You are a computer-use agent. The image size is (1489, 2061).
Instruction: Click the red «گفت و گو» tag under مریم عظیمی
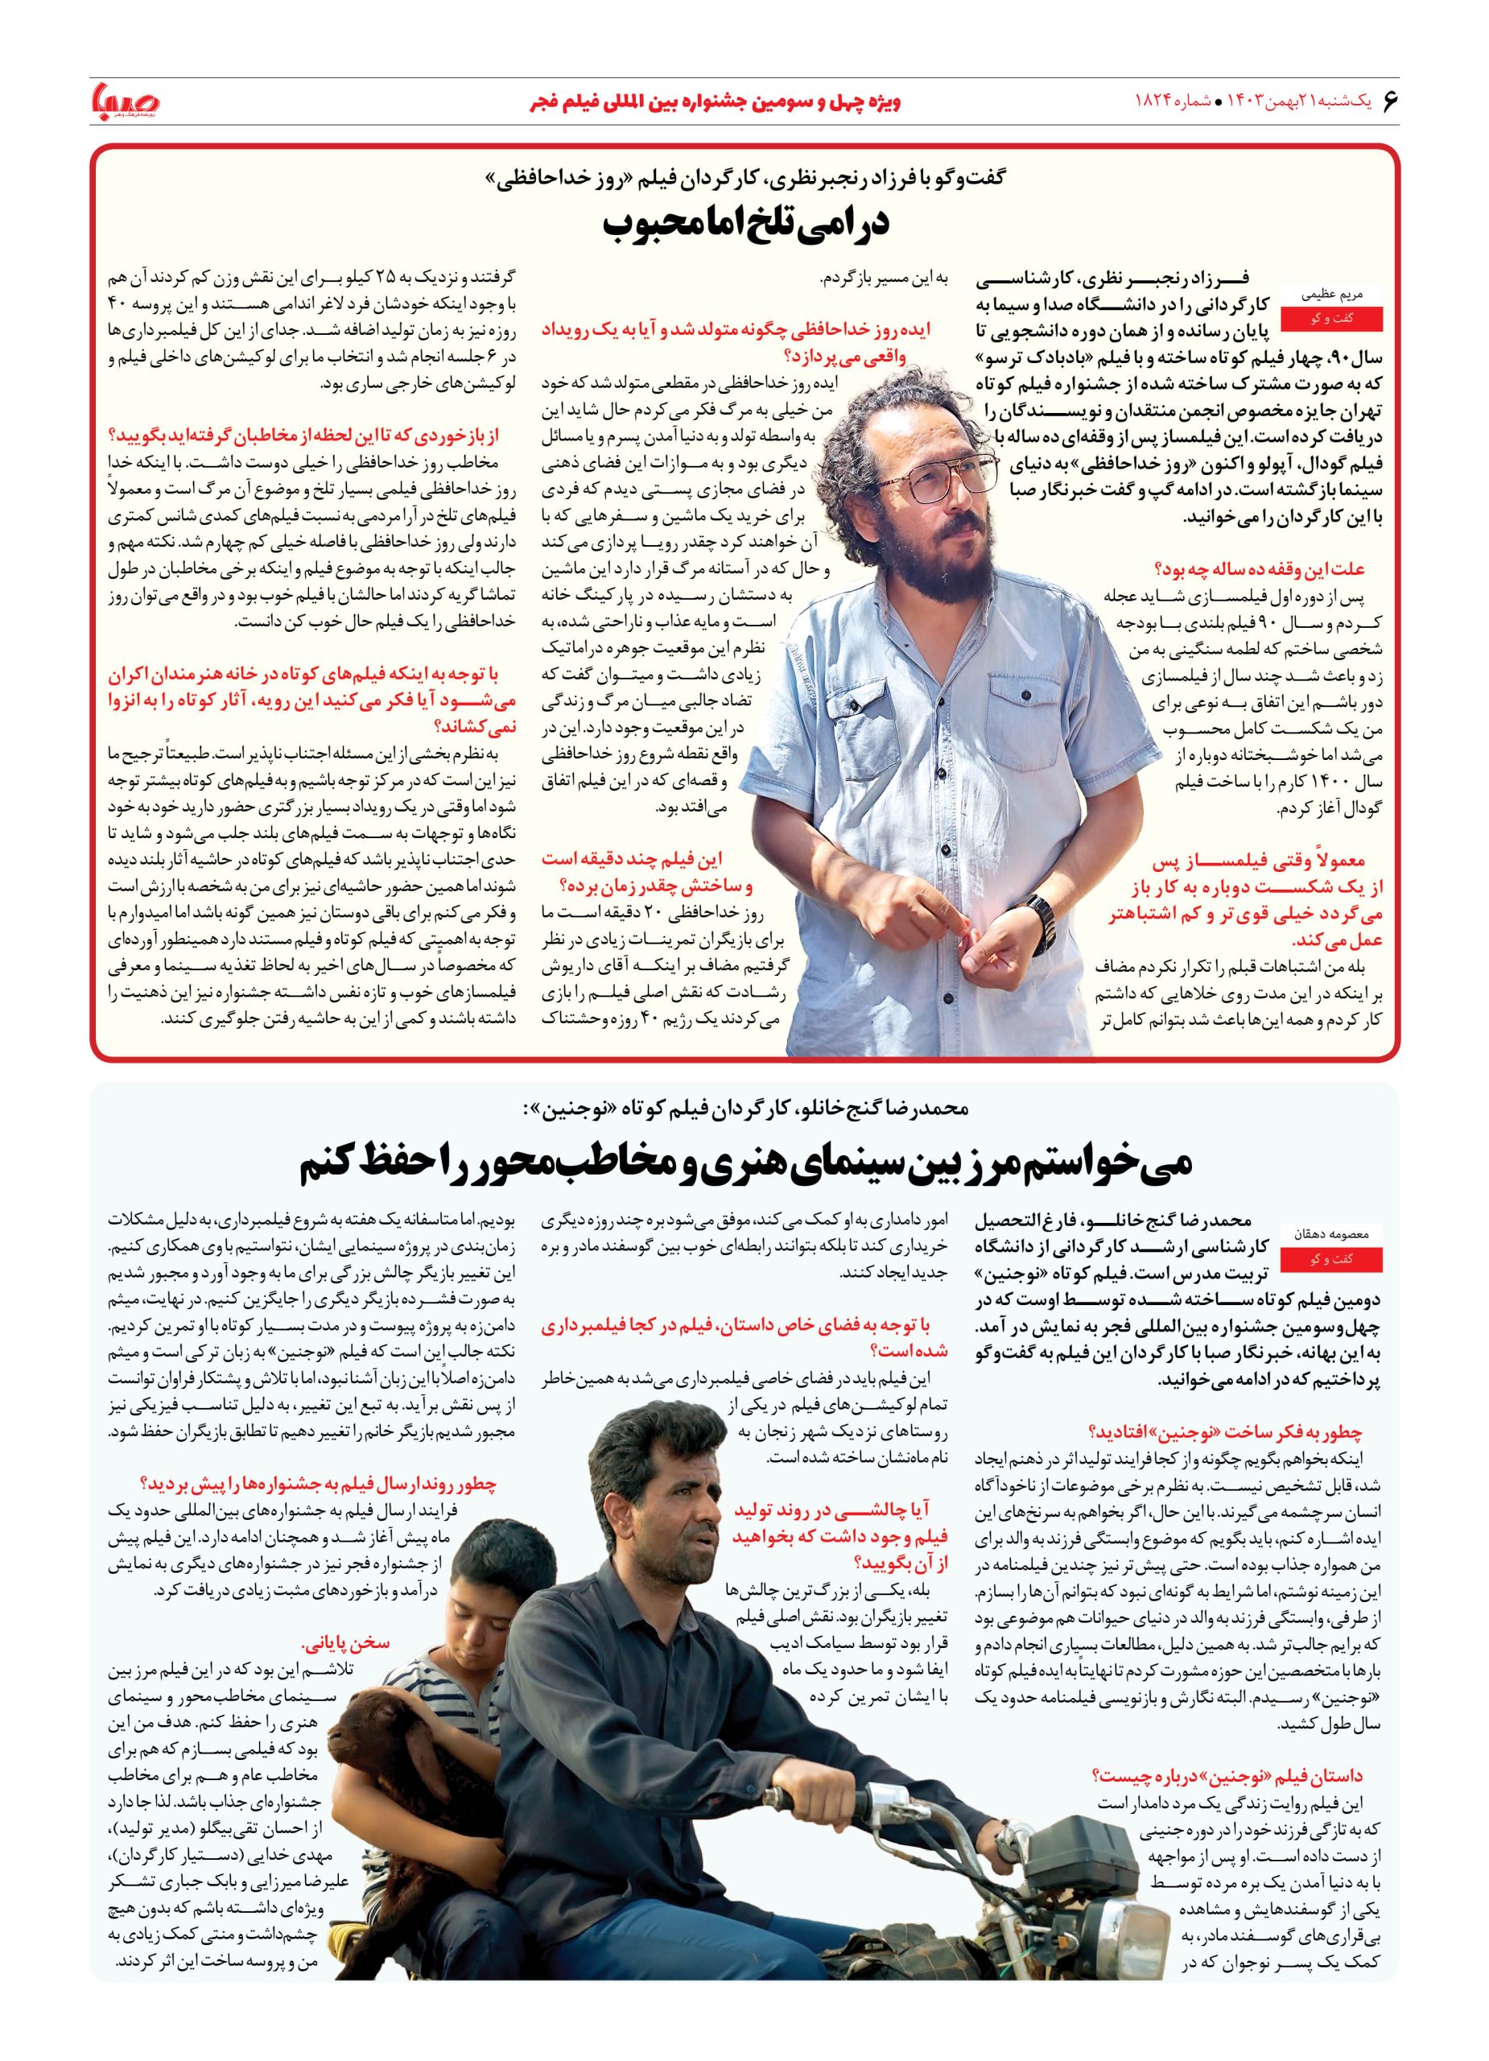click(x=1329, y=319)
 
